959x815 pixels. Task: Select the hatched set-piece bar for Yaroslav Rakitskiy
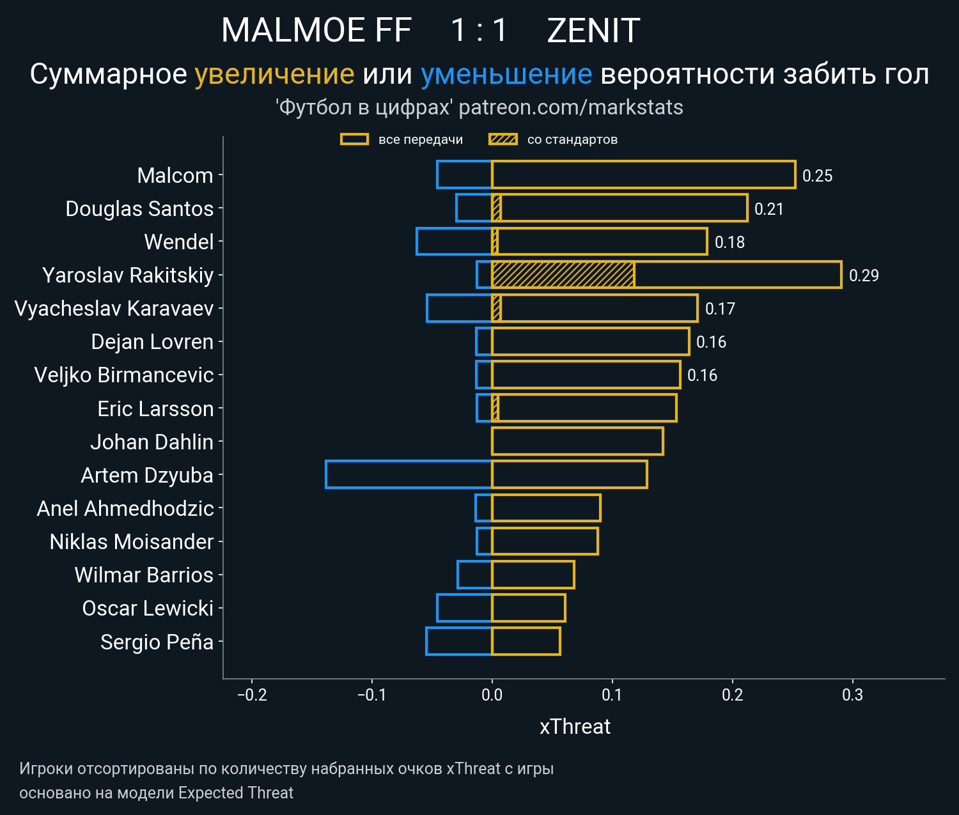(x=563, y=275)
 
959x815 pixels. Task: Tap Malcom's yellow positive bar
(x=643, y=175)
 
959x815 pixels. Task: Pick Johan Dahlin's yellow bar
(x=577, y=441)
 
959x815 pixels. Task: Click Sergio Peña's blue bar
(x=458, y=641)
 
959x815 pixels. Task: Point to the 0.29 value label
(x=864, y=276)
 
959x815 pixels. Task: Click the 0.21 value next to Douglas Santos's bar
(x=768, y=209)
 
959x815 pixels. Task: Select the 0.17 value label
(x=720, y=309)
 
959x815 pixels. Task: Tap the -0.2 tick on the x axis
(x=252, y=695)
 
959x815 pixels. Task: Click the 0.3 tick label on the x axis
(x=852, y=695)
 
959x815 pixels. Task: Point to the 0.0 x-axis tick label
(x=492, y=695)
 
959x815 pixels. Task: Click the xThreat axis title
(x=575, y=727)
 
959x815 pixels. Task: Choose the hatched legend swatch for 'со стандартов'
(x=503, y=139)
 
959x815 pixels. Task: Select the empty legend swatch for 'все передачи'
(x=354, y=139)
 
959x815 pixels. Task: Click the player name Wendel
(x=178, y=242)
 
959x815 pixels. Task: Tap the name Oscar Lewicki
(x=148, y=608)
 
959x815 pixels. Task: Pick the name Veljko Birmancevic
(x=123, y=375)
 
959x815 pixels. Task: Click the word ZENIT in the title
(x=593, y=31)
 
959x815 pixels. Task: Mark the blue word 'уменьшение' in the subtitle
(x=506, y=74)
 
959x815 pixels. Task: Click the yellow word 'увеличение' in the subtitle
(x=274, y=74)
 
